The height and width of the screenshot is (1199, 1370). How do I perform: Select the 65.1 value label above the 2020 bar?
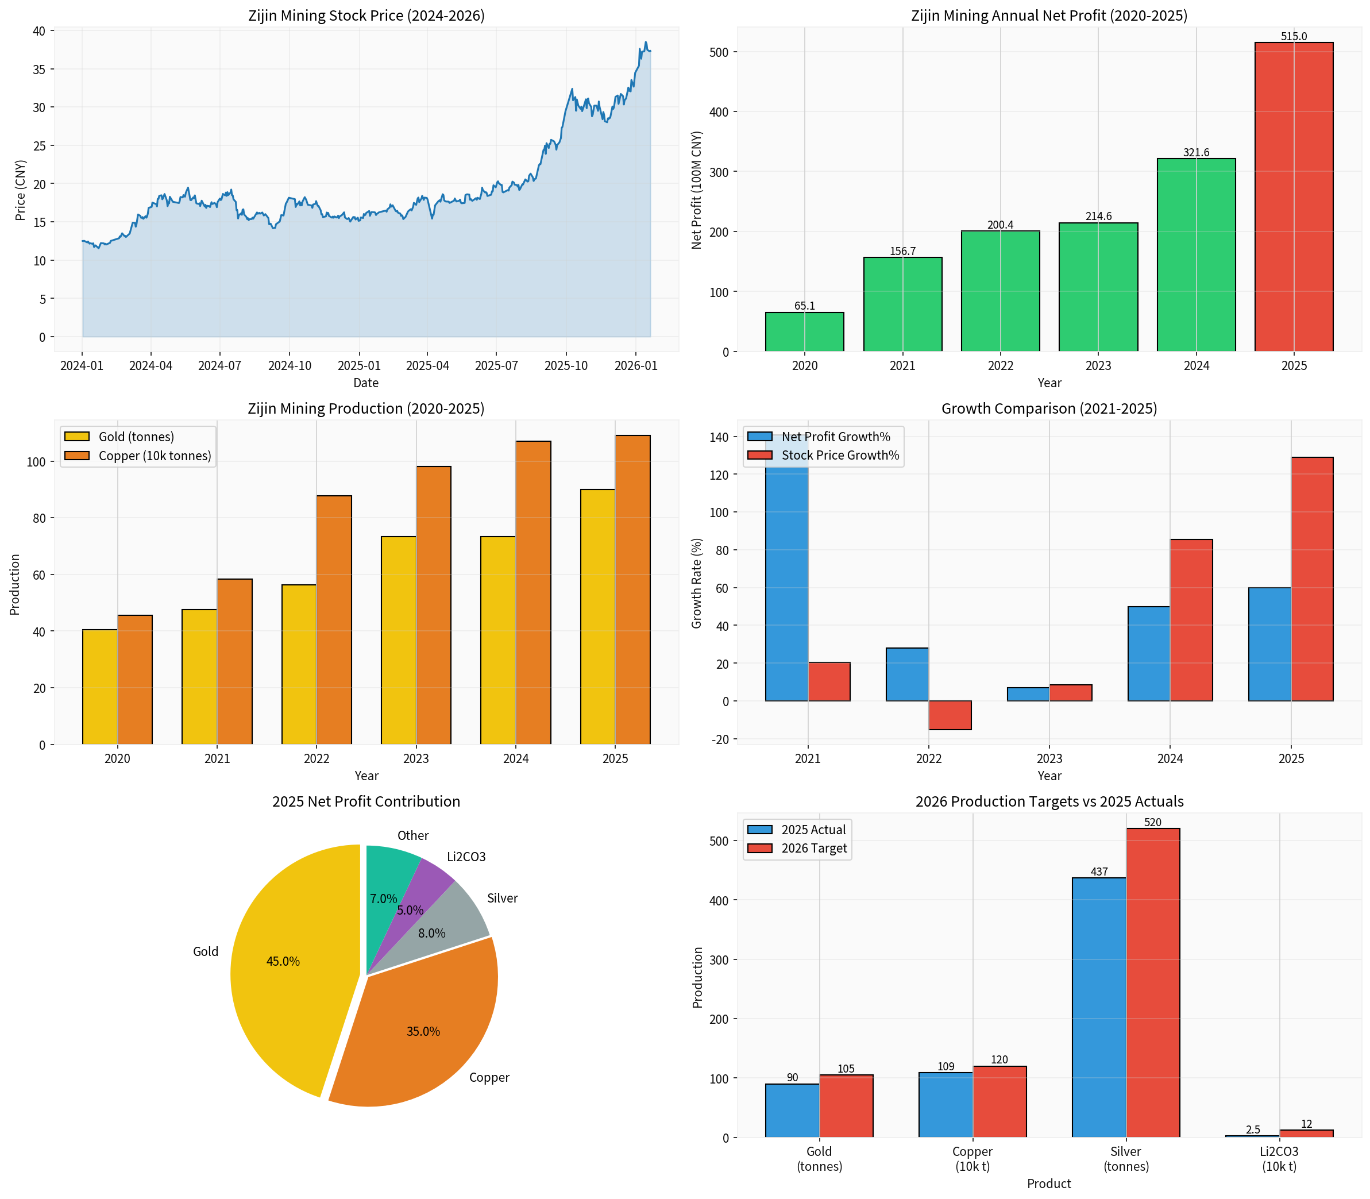(804, 306)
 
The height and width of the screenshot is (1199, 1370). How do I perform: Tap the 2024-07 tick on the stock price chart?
(219, 365)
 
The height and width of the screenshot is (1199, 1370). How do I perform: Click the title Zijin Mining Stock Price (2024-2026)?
(366, 16)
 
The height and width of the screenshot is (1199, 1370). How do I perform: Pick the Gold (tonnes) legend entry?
(136, 437)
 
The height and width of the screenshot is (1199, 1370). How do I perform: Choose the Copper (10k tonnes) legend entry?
(155, 456)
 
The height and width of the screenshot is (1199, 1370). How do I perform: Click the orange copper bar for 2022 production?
(334, 619)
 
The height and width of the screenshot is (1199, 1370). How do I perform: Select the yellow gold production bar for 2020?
(100, 687)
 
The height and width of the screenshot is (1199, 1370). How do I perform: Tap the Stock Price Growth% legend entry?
(840, 456)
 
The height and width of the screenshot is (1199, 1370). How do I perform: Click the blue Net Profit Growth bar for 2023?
(1028, 694)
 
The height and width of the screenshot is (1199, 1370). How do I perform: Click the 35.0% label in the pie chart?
(423, 1031)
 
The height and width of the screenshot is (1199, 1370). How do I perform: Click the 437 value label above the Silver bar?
(1098, 872)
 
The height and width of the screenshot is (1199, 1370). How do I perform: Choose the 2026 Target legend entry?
(813, 849)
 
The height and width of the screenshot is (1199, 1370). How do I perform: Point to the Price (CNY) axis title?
(21, 190)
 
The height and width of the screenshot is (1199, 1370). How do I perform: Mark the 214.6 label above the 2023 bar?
(1098, 216)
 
